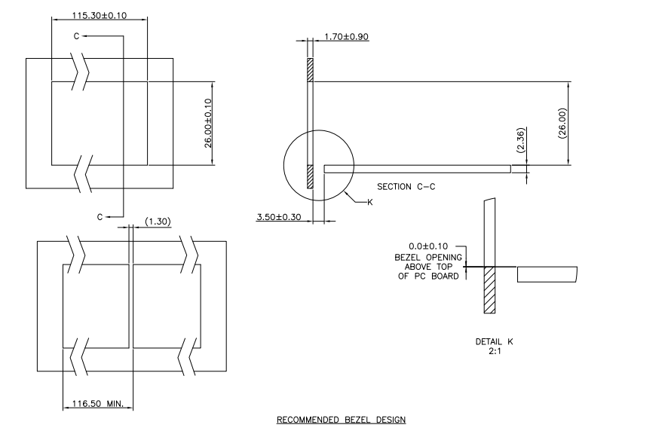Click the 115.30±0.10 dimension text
[100, 15]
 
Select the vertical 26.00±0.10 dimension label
[208, 124]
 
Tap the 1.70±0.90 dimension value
[346, 37]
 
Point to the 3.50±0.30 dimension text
[279, 217]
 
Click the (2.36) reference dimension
[520, 140]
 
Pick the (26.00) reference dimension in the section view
[562, 123]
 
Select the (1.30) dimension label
[158, 222]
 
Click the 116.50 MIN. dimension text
[97, 403]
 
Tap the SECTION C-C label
[406, 186]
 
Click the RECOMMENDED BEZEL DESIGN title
[341, 420]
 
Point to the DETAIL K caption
[495, 341]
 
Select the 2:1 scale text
[495, 351]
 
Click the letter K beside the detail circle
[370, 202]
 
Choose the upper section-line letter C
[77, 36]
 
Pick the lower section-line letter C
[100, 217]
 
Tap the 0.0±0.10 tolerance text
[428, 246]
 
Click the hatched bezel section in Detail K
[489, 290]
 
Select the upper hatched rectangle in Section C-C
[311, 70]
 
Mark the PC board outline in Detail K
[547, 274]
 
